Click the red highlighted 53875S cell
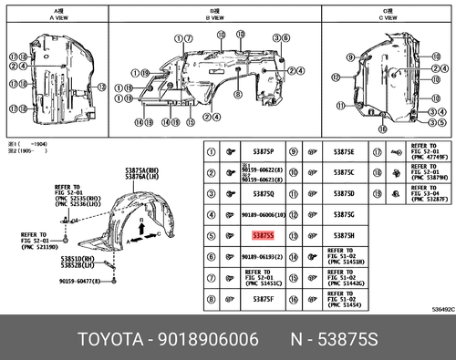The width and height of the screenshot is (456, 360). point(262,235)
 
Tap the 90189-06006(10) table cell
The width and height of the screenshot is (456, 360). point(265,214)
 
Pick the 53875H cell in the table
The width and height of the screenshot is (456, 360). point(344,235)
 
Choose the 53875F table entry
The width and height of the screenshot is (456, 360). point(263,299)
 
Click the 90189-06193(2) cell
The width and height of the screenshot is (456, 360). point(265,257)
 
